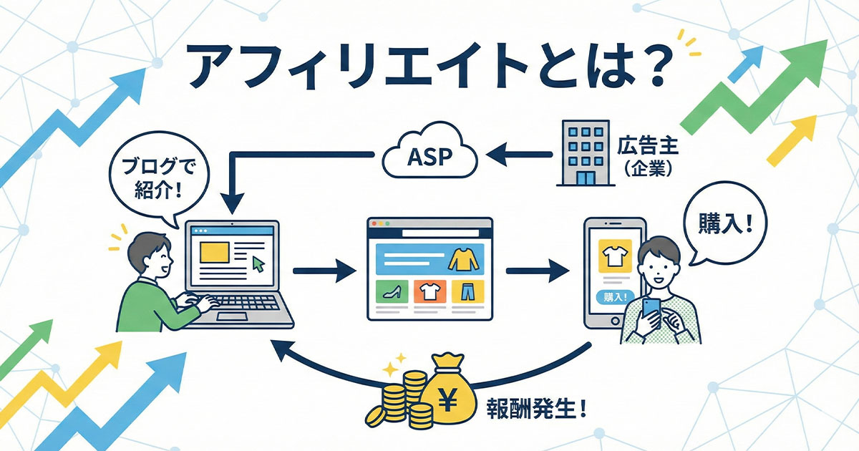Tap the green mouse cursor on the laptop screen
pyautogui.click(x=258, y=264)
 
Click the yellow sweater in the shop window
pyautogui.click(x=462, y=258)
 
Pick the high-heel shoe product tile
pyautogui.click(x=392, y=291)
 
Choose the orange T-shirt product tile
pyautogui.click(x=429, y=291)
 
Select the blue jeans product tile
pyautogui.click(x=468, y=291)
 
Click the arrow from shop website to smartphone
pyautogui.click(x=537, y=271)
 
